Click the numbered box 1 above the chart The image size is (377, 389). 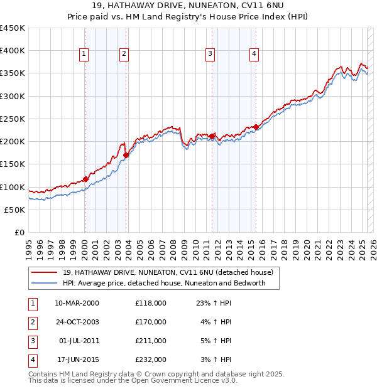click(84, 55)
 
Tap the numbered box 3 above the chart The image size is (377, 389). click(210, 55)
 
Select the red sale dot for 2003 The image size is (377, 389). click(126, 155)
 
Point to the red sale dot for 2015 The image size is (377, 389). click(256, 127)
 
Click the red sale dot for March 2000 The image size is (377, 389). click(85, 179)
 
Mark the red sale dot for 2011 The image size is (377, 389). click(212, 136)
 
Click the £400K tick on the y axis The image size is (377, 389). click(12, 51)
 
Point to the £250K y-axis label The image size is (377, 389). click(12, 119)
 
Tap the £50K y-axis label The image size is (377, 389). click(14, 210)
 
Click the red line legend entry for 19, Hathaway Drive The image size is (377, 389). click(167, 273)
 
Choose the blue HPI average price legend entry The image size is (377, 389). click(164, 283)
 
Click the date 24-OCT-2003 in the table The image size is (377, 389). click(77, 322)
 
